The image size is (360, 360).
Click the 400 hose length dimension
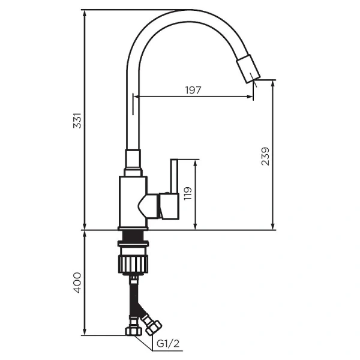click(77, 283)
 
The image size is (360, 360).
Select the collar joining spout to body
click(133, 161)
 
